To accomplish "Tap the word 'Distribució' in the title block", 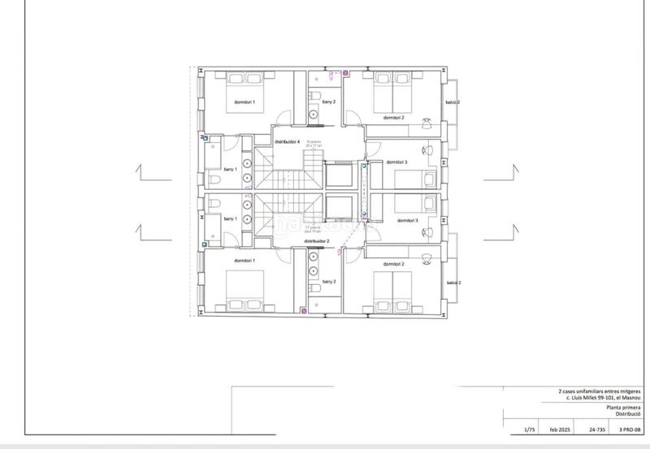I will pos(628,416).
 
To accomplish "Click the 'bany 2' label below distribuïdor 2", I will pos(329,281).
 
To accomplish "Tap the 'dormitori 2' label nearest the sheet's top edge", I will pos(394,118).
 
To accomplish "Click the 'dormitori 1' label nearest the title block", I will pos(245,260).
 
